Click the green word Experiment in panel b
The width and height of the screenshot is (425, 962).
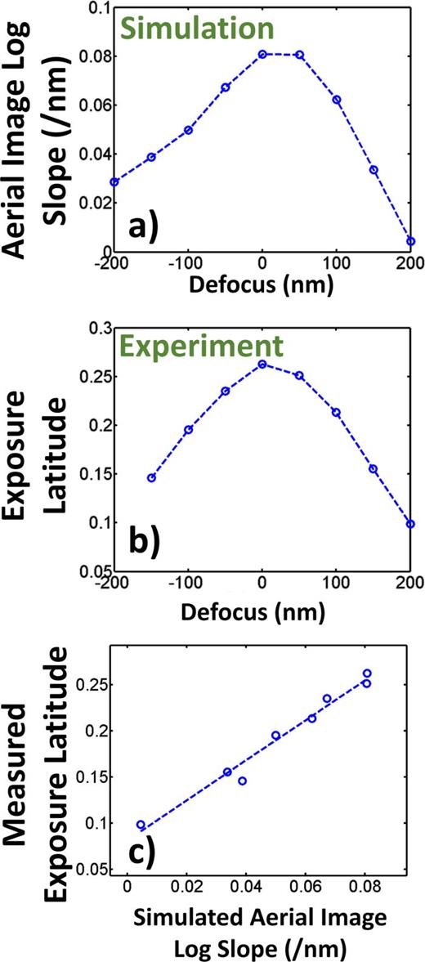point(213,346)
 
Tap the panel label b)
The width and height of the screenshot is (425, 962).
point(150,544)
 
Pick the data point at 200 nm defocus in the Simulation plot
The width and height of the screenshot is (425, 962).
point(410,241)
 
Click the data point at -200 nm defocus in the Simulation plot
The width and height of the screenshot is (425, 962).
point(114,181)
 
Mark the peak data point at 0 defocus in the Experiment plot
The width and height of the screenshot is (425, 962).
point(262,365)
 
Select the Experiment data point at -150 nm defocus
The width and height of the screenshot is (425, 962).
point(151,477)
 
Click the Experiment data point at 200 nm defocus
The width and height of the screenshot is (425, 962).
point(410,524)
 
